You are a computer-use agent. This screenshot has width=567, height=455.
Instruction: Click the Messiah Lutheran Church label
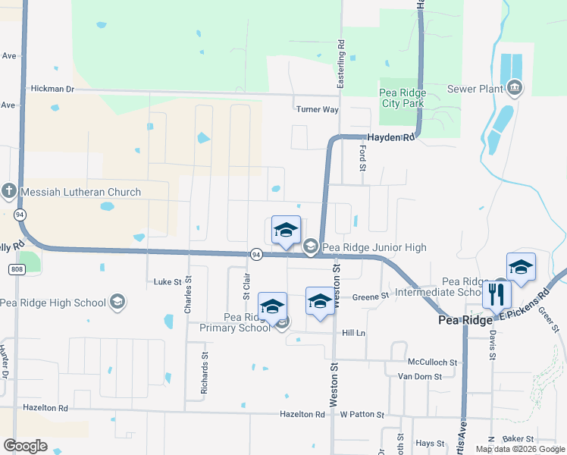click(x=80, y=193)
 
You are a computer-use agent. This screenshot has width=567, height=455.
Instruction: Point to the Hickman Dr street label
click(x=52, y=89)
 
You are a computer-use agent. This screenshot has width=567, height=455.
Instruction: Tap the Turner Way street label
click(x=317, y=109)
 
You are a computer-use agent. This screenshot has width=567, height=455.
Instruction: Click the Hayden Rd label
click(x=391, y=138)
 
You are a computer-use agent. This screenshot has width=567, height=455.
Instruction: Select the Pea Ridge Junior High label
click(x=374, y=247)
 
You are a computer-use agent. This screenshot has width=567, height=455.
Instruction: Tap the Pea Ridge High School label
click(x=53, y=303)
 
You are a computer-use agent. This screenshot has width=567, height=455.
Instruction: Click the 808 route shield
click(x=18, y=268)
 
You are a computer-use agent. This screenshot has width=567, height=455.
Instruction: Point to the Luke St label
click(x=168, y=281)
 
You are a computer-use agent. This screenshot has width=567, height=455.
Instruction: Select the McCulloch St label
click(x=432, y=362)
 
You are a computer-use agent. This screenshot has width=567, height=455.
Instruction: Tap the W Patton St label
click(x=362, y=415)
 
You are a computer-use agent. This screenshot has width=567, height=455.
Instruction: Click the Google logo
click(x=25, y=446)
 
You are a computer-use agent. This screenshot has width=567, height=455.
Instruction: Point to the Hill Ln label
click(x=353, y=333)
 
